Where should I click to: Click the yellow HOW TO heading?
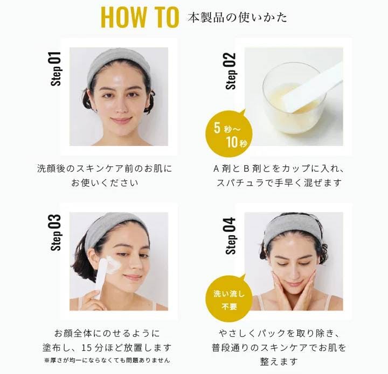140,17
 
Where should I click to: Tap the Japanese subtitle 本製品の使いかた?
237,18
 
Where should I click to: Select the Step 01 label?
56,69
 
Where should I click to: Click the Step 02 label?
231,71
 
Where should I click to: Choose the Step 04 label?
231,236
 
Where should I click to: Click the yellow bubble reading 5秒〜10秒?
230,133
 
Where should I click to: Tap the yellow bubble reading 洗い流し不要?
230,299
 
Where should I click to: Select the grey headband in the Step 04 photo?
294,229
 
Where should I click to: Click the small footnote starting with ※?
107,361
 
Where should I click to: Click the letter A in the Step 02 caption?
216,169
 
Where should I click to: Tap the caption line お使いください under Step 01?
105,183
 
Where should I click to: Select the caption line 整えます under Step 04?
279,362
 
